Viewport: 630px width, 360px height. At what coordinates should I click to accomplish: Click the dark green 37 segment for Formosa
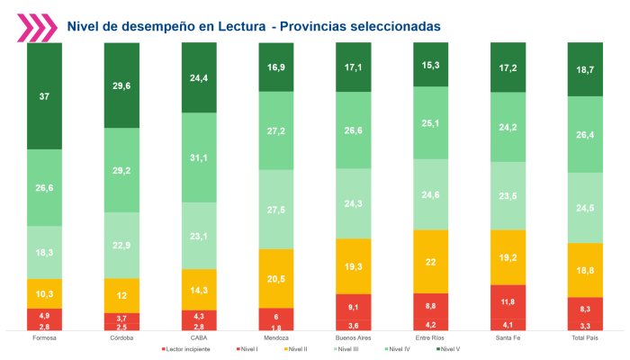[44, 95]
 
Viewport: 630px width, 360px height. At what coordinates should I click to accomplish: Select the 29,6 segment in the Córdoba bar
[121, 85]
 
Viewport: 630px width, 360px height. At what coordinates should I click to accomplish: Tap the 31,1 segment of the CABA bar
[199, 157]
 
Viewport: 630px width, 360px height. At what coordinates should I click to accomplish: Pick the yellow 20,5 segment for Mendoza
[276, 280]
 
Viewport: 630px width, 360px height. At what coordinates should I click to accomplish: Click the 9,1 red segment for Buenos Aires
[354, 306]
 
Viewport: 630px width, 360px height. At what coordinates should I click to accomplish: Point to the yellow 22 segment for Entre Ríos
[431, 261]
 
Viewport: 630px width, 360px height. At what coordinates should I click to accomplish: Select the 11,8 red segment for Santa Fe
[508, 301]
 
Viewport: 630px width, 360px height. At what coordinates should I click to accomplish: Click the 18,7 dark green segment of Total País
[586, 68]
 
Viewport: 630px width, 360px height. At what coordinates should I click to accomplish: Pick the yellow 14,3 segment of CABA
[199, 289]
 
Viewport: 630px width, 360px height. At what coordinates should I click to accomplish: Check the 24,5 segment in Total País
[586, 207]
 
